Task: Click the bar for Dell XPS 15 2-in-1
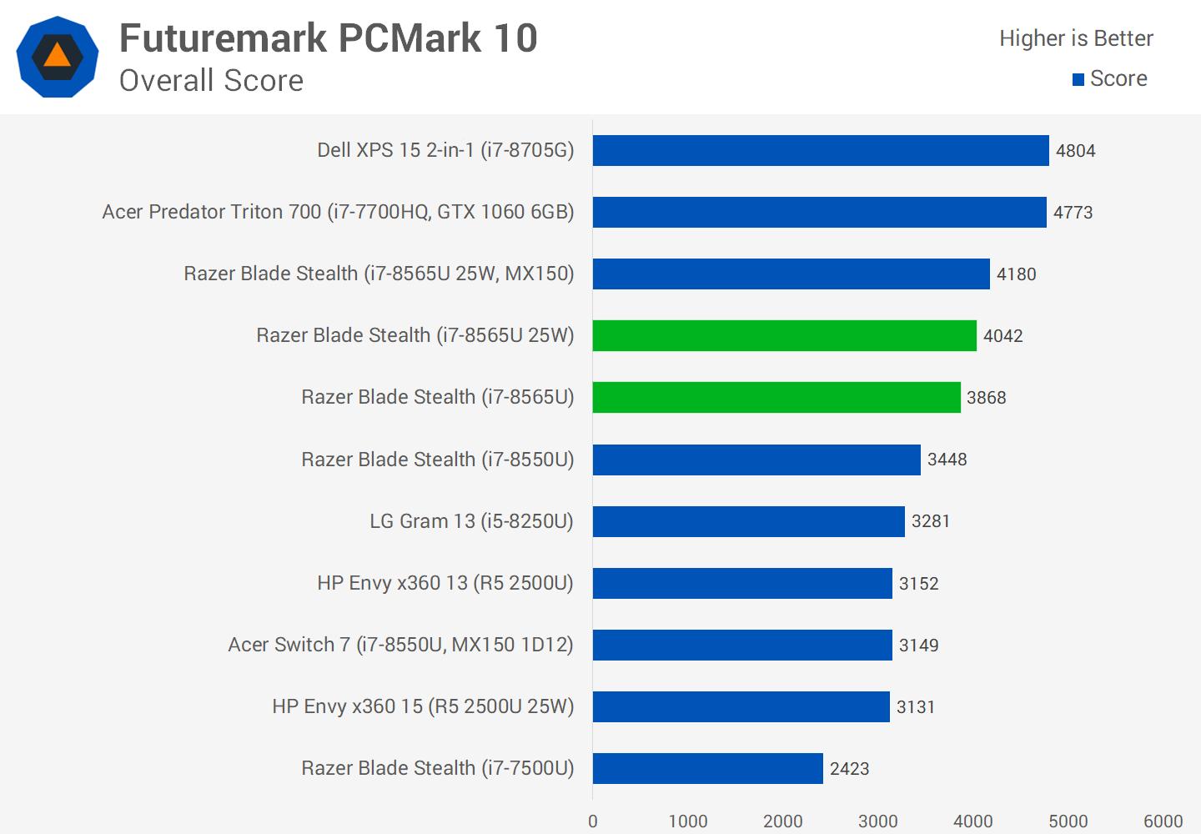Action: [821, 150]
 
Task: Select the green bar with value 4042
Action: [784, 335]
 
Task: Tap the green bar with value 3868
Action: [776, 397]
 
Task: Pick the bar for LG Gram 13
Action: [748, 521]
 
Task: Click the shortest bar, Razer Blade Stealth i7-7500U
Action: [707, 768]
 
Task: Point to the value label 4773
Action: [1073, 213]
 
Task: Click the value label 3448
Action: [947, 460]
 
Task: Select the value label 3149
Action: [918, 646]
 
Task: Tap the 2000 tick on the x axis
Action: [782, 821]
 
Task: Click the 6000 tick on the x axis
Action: [1163, 821]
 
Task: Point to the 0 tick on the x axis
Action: [593, 821]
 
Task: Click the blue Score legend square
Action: [1078, 79]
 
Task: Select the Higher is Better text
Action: [1076, 38]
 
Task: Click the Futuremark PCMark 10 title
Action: [329, 38]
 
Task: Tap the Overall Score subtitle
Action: [211, 81]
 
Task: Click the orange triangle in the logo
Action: [57, 56]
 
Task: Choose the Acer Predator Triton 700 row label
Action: [338, 212]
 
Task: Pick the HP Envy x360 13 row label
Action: [445, 583]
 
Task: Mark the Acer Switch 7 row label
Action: [400, 645]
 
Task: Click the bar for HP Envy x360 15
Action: [741, 706]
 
